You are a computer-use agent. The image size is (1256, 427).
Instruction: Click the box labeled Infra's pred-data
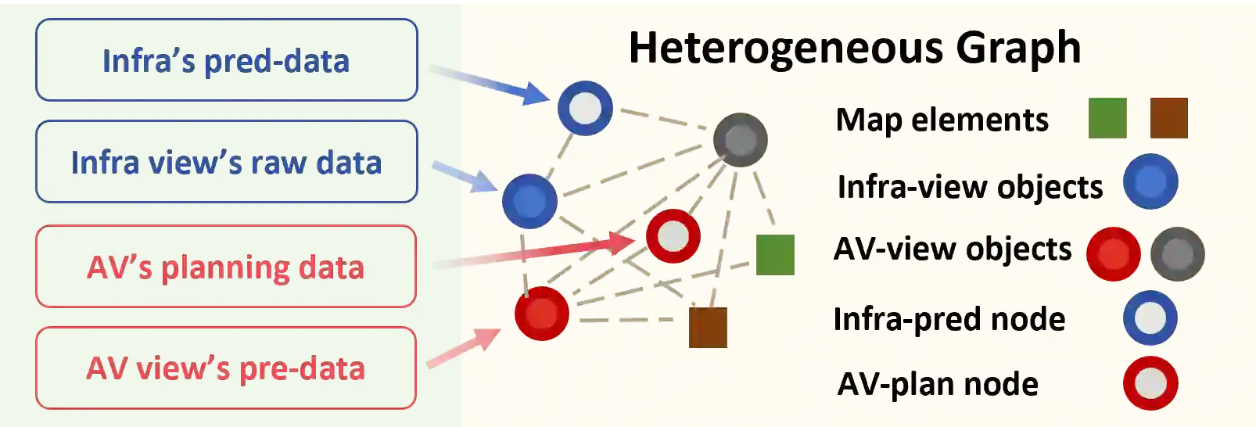226,60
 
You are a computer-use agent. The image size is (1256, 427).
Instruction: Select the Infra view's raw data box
226,162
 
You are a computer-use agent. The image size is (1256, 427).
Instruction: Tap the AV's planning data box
225,267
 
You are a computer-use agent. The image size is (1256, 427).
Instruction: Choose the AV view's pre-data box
225,368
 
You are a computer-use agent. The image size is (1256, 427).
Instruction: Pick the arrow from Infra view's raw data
465,177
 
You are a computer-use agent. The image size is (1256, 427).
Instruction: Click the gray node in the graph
740,140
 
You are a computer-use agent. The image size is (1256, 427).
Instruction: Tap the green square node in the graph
775,255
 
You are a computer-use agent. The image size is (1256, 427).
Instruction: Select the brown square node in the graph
708,327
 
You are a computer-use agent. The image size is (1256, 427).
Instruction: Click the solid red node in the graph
542,313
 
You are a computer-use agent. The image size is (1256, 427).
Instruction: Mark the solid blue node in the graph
529,201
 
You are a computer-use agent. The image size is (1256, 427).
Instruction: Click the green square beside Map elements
1107,118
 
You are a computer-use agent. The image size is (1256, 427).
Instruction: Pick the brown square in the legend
1168,118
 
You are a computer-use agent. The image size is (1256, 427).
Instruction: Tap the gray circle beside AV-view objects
1177,254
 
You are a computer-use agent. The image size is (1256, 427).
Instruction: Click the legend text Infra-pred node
949,319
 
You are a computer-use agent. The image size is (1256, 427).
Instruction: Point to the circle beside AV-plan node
1150,383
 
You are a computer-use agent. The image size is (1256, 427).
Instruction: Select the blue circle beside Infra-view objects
1150,181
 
